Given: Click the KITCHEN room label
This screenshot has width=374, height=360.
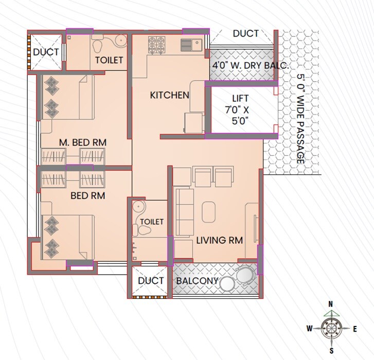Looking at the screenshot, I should click(169, 95).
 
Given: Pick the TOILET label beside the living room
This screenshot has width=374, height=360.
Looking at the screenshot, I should click(151, 222).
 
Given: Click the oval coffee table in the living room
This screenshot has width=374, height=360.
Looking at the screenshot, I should click(209, 211).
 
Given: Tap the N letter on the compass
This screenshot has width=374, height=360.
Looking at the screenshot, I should click(332, 304).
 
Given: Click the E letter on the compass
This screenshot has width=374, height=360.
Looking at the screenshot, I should click(354, 329).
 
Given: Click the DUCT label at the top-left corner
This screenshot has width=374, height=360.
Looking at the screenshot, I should click(45, 52).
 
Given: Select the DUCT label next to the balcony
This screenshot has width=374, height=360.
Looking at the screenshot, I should click(151, 281).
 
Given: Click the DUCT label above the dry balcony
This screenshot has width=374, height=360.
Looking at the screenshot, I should click(245, 34).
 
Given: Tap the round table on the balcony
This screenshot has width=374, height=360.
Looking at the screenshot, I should click(227, 282).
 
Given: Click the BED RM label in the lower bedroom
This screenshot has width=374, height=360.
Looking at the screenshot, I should click(87, 196).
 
